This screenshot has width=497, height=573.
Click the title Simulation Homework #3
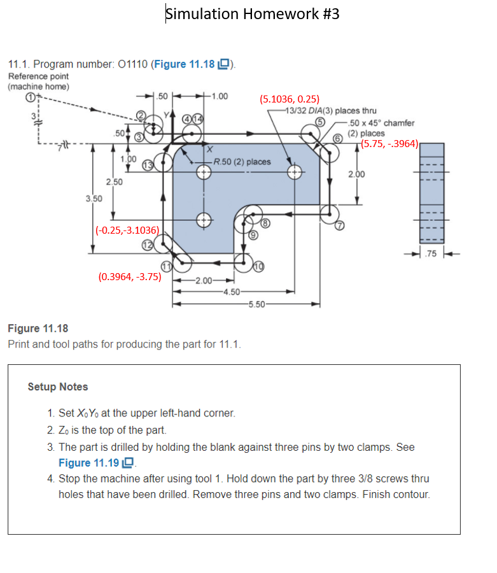pyautogui.click(x=252, y=13)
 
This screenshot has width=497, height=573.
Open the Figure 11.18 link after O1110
pyautogui.click(x=189, y=64)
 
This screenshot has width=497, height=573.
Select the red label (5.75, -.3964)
pyautogui.click(x=389, y=144)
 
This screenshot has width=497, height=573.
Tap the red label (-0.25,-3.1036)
pyautogui.click(x=130, y=230)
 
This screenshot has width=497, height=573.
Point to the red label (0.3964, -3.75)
pyautogui.click(x=130, y=277)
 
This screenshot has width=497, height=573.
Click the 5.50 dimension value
pyautogui.click(x=257, y=304)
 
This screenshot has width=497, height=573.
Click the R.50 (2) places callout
pyautogui.click(x=242, y=162)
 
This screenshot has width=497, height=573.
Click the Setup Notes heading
pyautogui.click(x=58, y=386)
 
